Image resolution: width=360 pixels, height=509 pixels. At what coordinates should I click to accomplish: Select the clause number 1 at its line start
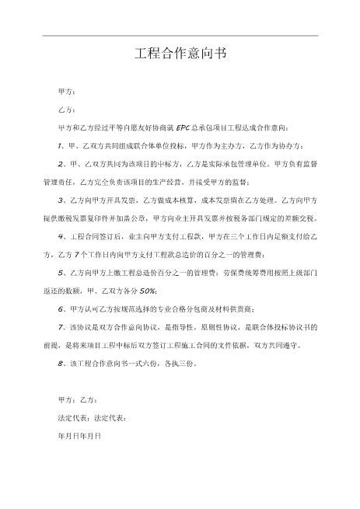(60, 145)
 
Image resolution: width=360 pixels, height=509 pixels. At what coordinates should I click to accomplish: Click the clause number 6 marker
(60, 309)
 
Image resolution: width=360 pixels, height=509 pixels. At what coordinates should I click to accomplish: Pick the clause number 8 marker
(60, 364)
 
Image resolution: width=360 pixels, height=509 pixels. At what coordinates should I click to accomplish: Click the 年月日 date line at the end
(80, 435)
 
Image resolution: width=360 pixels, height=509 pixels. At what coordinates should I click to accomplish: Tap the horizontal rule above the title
(180, 35)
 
